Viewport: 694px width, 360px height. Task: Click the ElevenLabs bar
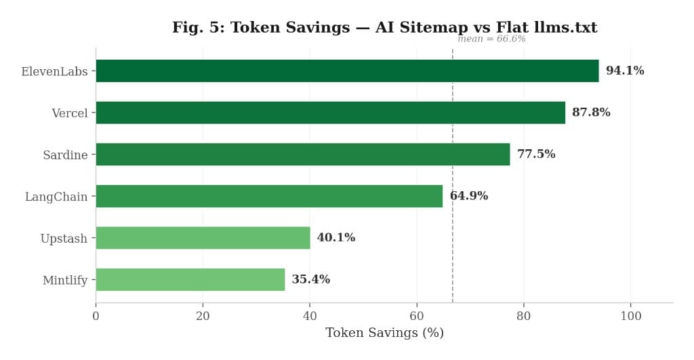pos(347,71)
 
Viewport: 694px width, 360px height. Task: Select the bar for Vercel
pos(330,113)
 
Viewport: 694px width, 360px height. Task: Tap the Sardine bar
pos(302,155)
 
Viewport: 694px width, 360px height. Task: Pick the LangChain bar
pos(269,196)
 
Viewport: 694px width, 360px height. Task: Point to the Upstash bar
pos(203,238)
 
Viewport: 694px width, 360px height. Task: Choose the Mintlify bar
pos(190,279)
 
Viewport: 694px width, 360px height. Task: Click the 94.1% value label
pos(625,71)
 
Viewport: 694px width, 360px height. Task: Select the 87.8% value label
pos(591,113)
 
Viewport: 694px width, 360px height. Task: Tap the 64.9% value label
pos(468,196)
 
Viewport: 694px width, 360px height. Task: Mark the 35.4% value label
pos(310,279)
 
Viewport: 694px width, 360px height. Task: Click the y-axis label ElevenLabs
pos(54,71)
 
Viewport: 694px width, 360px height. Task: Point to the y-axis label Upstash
pos(64,239)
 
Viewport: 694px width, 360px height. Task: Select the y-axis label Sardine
pos(65,155)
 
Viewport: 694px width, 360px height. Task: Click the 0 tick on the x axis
pos(96,316)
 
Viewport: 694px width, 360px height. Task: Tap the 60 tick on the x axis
pos(417,316)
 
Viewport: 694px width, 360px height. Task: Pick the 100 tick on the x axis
pos(631,316)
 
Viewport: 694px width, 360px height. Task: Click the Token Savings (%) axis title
pos(384,333)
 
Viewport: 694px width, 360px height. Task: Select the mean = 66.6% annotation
pos(491,39)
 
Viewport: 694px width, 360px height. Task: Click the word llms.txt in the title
pos(565,28)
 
